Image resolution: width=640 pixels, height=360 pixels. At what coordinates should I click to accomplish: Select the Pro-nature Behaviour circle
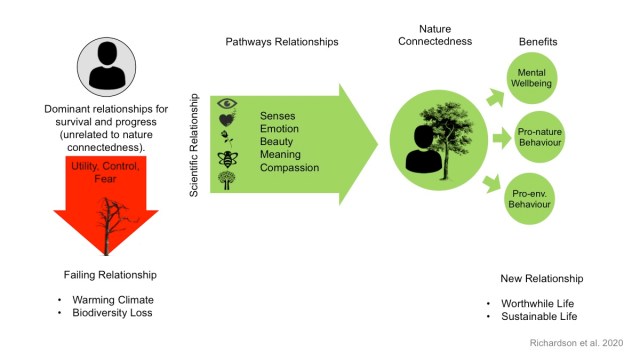click(x=538, y=137)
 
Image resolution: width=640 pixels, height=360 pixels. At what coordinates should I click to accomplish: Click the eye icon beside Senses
click(x=227, y=103)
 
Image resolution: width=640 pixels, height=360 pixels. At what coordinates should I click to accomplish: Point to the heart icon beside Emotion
click(x=227, y=119)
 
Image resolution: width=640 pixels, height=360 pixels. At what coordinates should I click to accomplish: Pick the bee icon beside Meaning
click(x=227, y=158)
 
